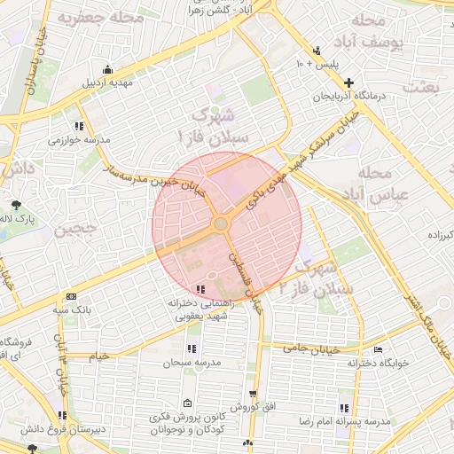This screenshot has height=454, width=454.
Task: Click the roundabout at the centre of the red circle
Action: [220, 223]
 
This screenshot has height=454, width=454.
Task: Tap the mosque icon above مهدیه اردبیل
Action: [108, 70]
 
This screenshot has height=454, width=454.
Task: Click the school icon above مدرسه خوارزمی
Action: [80, 126]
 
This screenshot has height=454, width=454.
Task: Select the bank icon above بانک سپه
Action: [71, 297]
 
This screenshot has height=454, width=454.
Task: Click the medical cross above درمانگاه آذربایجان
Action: [348, 82]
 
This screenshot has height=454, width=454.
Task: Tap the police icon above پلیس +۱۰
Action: [317, 50]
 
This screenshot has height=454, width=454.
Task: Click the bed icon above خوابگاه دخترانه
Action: [380, 349]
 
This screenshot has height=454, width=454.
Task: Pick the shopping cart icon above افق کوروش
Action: [253, 394]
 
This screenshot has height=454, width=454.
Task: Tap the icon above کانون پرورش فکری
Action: [185, 403]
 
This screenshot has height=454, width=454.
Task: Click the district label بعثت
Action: [422, 86]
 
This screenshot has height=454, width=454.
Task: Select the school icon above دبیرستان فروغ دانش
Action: [61, 416]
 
